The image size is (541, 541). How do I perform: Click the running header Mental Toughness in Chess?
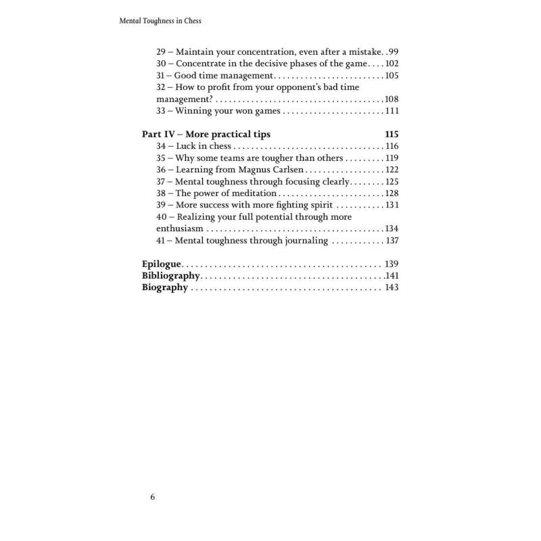pos(160,21)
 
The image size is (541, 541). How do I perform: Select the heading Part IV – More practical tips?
pos(206,134)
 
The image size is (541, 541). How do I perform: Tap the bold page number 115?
pos(392,134)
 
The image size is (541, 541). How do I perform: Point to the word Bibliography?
pos(170,276)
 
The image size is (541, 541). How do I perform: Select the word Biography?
pos(165,287)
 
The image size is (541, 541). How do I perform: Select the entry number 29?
pos(161,51)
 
